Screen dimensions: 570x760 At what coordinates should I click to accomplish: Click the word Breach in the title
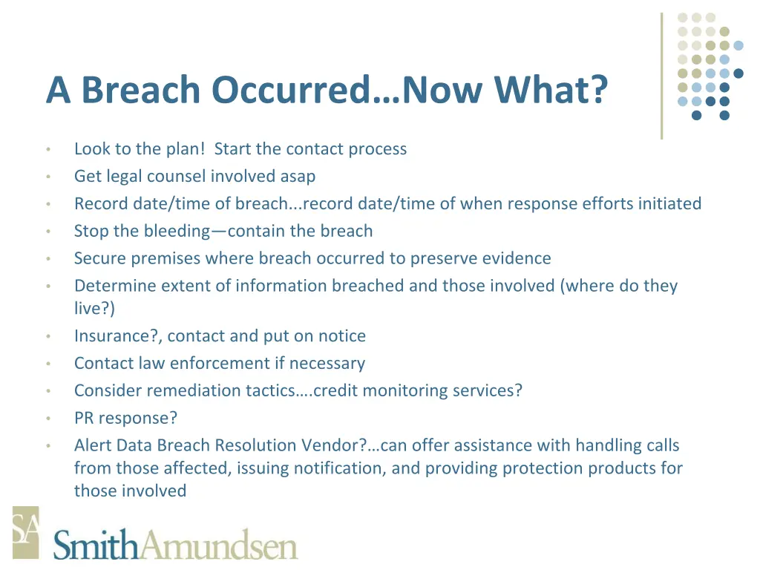[140, 91]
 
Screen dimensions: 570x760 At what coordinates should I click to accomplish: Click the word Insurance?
[118, 336]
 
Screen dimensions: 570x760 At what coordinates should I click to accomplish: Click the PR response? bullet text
[125, 419]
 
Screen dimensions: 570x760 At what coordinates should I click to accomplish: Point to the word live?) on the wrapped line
[94, 309]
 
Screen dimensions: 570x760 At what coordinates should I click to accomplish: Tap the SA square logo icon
[25, 532]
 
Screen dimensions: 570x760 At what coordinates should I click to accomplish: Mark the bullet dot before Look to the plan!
[47, 150]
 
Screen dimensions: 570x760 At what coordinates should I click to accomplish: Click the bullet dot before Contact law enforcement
[47, 364]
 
